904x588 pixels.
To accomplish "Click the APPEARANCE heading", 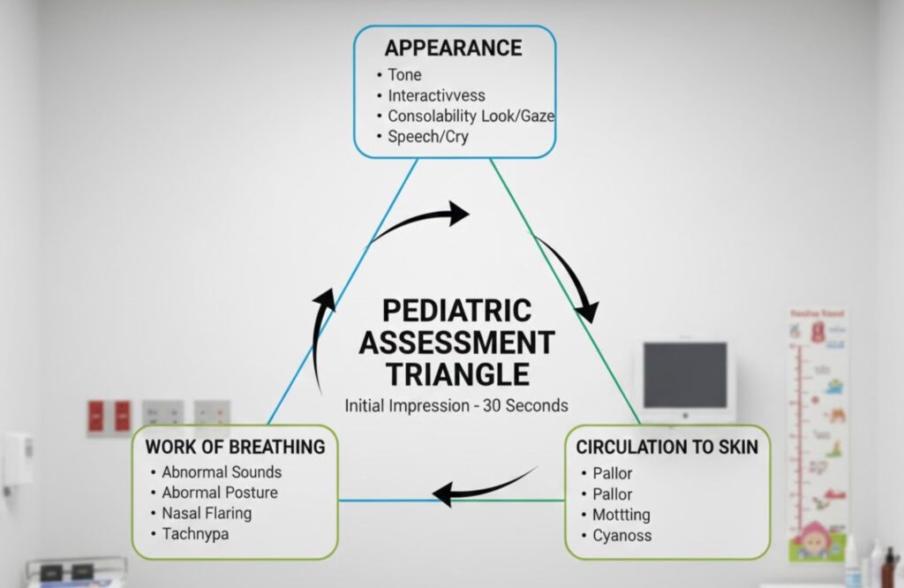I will (453, 47).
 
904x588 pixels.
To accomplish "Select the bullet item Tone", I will (404, 74).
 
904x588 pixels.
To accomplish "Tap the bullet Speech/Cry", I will (427, 137).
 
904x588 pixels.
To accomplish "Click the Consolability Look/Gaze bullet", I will (471, 116).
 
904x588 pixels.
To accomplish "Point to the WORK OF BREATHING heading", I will (235, 447).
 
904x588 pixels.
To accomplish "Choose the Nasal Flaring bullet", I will (206, 513).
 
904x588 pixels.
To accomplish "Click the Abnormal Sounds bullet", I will (221, 472).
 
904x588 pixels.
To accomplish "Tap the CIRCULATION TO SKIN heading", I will (667, 447).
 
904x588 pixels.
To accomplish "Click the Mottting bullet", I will (621, 514).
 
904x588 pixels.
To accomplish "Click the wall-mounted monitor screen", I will (684, 375).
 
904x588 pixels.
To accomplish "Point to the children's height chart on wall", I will (817, 433).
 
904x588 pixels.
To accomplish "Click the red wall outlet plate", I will (109, 415).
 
